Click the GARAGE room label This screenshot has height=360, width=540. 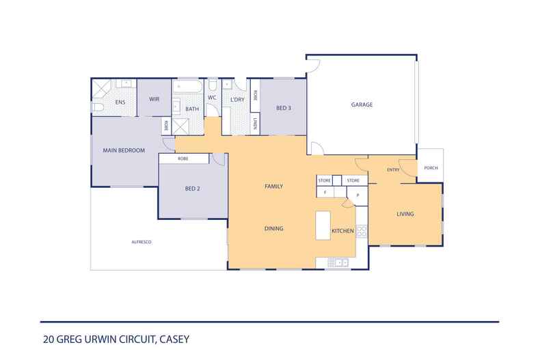[362, 105]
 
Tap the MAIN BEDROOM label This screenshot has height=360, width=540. [124, 150]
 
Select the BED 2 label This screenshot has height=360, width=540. [193, 189]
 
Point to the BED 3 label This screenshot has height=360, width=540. [284, 108]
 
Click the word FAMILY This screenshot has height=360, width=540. [274, 186]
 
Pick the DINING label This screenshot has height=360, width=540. [274, 228]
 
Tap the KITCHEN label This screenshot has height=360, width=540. [342, 231]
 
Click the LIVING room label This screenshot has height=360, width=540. [405, 214]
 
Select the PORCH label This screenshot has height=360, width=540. [431, 168]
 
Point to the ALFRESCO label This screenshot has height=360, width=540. [141, 243]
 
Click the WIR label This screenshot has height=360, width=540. [154, 99]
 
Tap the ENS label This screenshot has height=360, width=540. [120, 102]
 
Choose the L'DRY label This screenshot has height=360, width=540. [237, 100]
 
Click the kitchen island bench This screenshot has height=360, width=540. [323, 225]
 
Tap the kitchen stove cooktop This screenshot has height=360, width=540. [362, 231]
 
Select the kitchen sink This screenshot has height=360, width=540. [338, 263]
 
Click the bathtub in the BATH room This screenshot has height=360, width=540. [187, 86]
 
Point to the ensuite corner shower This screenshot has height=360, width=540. [101, 89]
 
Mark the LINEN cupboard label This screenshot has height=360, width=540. [255, 124]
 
